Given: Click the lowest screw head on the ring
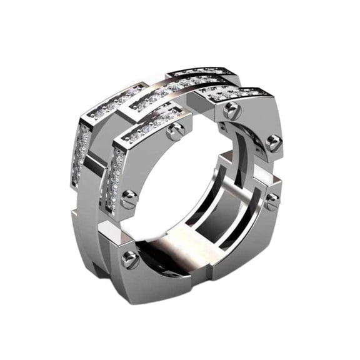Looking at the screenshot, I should coord(130,259).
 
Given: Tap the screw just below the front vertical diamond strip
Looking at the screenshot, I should coord(129,200).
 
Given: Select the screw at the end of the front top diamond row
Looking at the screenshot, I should coord(176,131).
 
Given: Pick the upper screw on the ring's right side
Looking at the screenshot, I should coord(273,144).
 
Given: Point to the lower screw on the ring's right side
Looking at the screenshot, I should coord(271,201).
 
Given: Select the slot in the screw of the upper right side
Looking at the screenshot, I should coord(273,144).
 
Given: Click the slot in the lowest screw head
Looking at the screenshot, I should coord(130,259).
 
